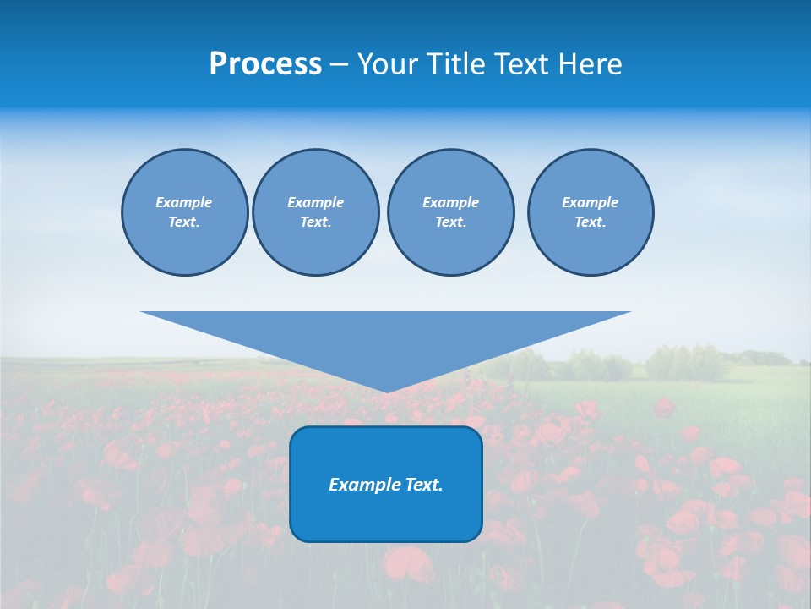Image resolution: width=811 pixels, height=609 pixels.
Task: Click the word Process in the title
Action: (x=265, y=64)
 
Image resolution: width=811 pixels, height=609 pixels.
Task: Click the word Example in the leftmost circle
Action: (x=184, y=202)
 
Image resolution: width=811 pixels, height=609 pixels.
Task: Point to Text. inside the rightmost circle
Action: (x=591, y=222)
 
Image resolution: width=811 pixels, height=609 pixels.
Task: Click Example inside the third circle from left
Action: (x=450, y=202)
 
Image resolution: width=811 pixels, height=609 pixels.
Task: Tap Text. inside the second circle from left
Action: (x=315, y=222)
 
